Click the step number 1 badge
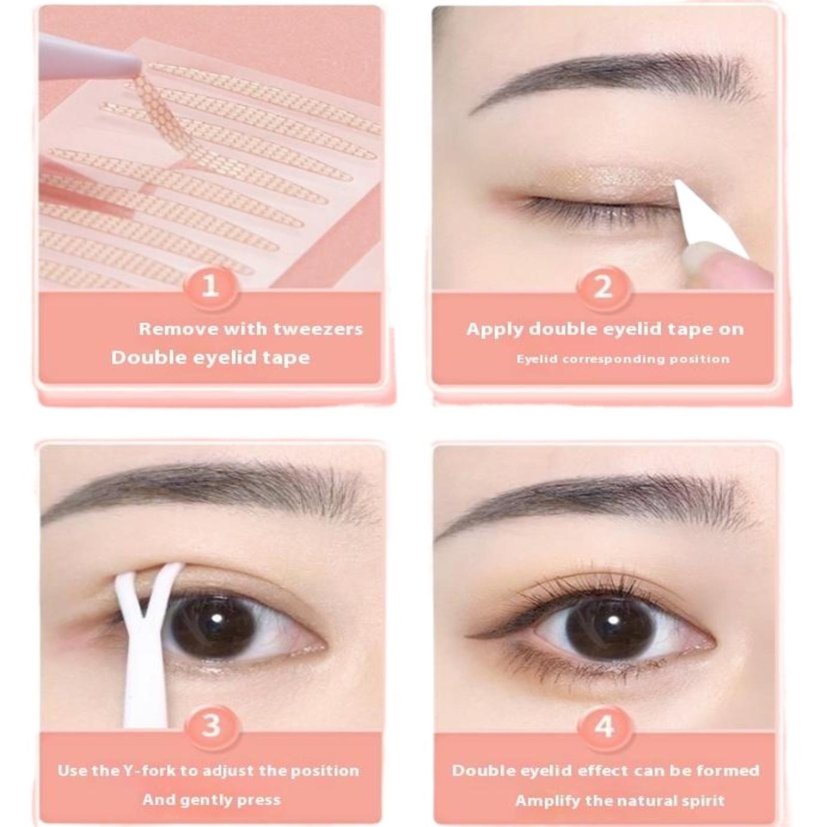210,286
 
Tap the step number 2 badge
603,286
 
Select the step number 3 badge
210,726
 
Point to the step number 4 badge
604,726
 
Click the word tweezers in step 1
318,329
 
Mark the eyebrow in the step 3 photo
207,491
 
